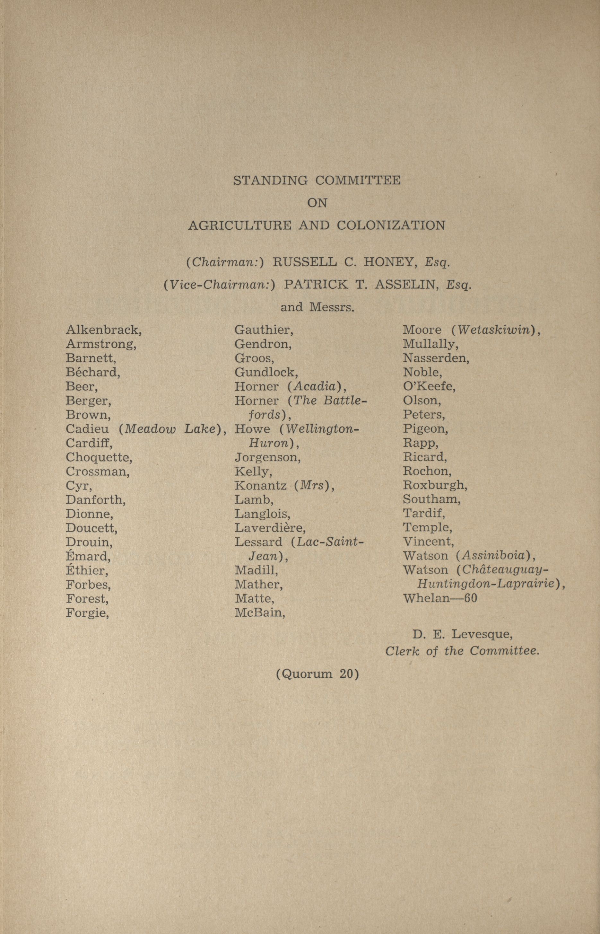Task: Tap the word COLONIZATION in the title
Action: (x=391, y=226)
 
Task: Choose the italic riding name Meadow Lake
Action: (x=170, y=429)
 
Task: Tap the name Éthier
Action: (x=86, y=570)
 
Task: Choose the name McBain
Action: (x=259, y=613)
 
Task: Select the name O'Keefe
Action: (x=429, y=386)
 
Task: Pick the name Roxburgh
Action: (x=434, y=485)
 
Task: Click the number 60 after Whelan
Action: (x=470, y=598)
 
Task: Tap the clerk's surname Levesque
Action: (x=482, y=635)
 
